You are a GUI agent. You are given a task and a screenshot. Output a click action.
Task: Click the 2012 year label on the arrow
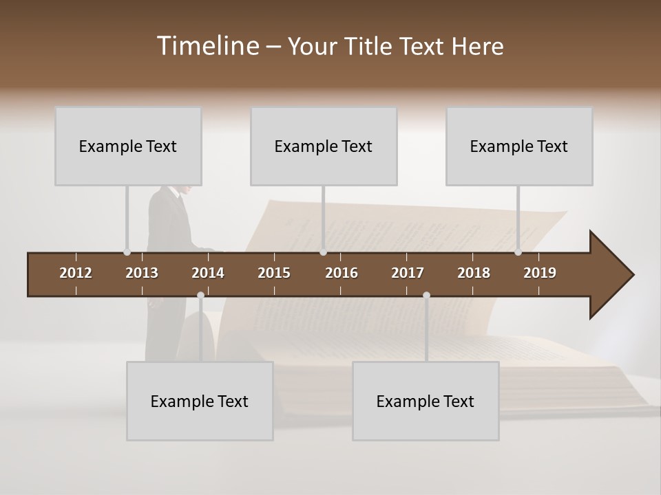pyautogui.click(x=76, y=273)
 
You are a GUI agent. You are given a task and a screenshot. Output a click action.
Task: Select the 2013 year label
pyautogui.click(x=142, y=273)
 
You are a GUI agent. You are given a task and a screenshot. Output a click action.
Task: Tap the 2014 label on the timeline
pyautogui.click(x=208, y=273)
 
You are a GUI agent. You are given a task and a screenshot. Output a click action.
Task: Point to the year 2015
pyautogui.click(x=274, y=273)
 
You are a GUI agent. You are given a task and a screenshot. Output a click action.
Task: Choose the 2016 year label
pyautogui.click(x=342, y=273)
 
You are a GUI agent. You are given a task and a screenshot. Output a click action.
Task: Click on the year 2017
pyautogui.click(x=408, y=273)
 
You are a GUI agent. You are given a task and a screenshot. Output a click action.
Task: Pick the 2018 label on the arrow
pyautogui.click(x=474, y=273)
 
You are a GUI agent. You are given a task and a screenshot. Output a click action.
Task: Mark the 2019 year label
pyautogui.click(x=540, y=273)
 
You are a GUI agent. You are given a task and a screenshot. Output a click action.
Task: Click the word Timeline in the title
pyautogui.click(x=207, y=46)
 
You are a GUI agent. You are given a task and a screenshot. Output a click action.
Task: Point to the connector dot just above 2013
pyautogui.click(x=127, y=252)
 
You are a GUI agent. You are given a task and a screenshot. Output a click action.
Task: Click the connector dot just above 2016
pyautogui.click(x=323, y=252)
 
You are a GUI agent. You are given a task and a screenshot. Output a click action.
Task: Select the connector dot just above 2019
pyautogui.click(x=518, y=252)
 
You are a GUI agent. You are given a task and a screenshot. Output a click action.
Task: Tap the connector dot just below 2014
pyautogui.click(x=200, y=296)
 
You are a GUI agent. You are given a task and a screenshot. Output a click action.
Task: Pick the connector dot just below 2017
pyautogui.click(x=426, y=296)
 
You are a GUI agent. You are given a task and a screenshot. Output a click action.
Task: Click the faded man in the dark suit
pyautogui.click(x=169, y=227)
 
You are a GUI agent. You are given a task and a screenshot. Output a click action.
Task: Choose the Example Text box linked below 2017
pyautogui.click(x=426, y=401)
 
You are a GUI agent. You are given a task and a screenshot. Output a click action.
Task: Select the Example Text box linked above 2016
pyautogui.click(x=324, y=146)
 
